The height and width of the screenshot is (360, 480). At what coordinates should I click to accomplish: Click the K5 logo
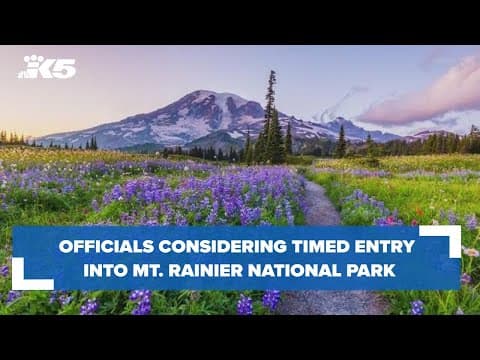click(48, 67)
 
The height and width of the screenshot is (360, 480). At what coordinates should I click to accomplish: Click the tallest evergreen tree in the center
click(270, 115)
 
